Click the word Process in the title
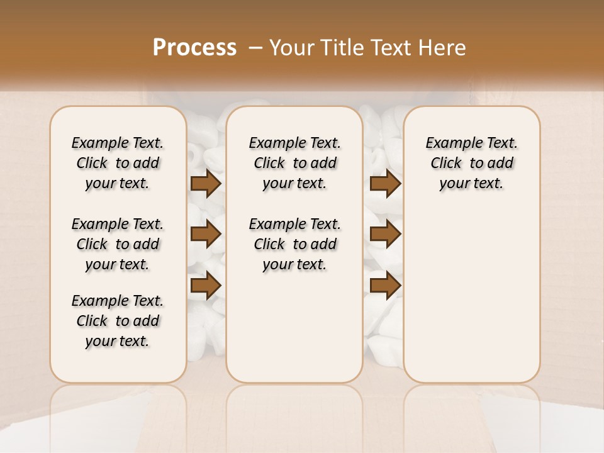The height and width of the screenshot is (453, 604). [x=194, y=47]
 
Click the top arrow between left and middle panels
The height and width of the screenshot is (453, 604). [x=206, y=183]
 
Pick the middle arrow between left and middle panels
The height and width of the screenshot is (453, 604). [x=206, y=234]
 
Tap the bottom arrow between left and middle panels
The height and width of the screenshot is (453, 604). [x=206, y=286]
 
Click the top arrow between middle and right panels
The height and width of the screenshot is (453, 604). [x=386, y=183]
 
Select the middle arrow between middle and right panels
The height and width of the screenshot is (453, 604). [x=386, y=234]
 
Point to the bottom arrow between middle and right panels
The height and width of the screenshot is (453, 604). [x=386, y=286]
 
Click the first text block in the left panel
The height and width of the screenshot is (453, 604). [x=118, y=163]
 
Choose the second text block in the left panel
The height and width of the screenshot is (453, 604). [x=118, y=244]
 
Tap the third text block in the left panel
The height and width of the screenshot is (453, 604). [x=118, y=321]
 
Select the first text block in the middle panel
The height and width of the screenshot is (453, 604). [x=295, y=163]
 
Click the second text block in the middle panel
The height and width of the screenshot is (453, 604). [x=295, y=244]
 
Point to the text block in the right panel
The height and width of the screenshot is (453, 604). [x=472, y=163]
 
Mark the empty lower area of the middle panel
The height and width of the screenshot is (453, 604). [x=295, y=327]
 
